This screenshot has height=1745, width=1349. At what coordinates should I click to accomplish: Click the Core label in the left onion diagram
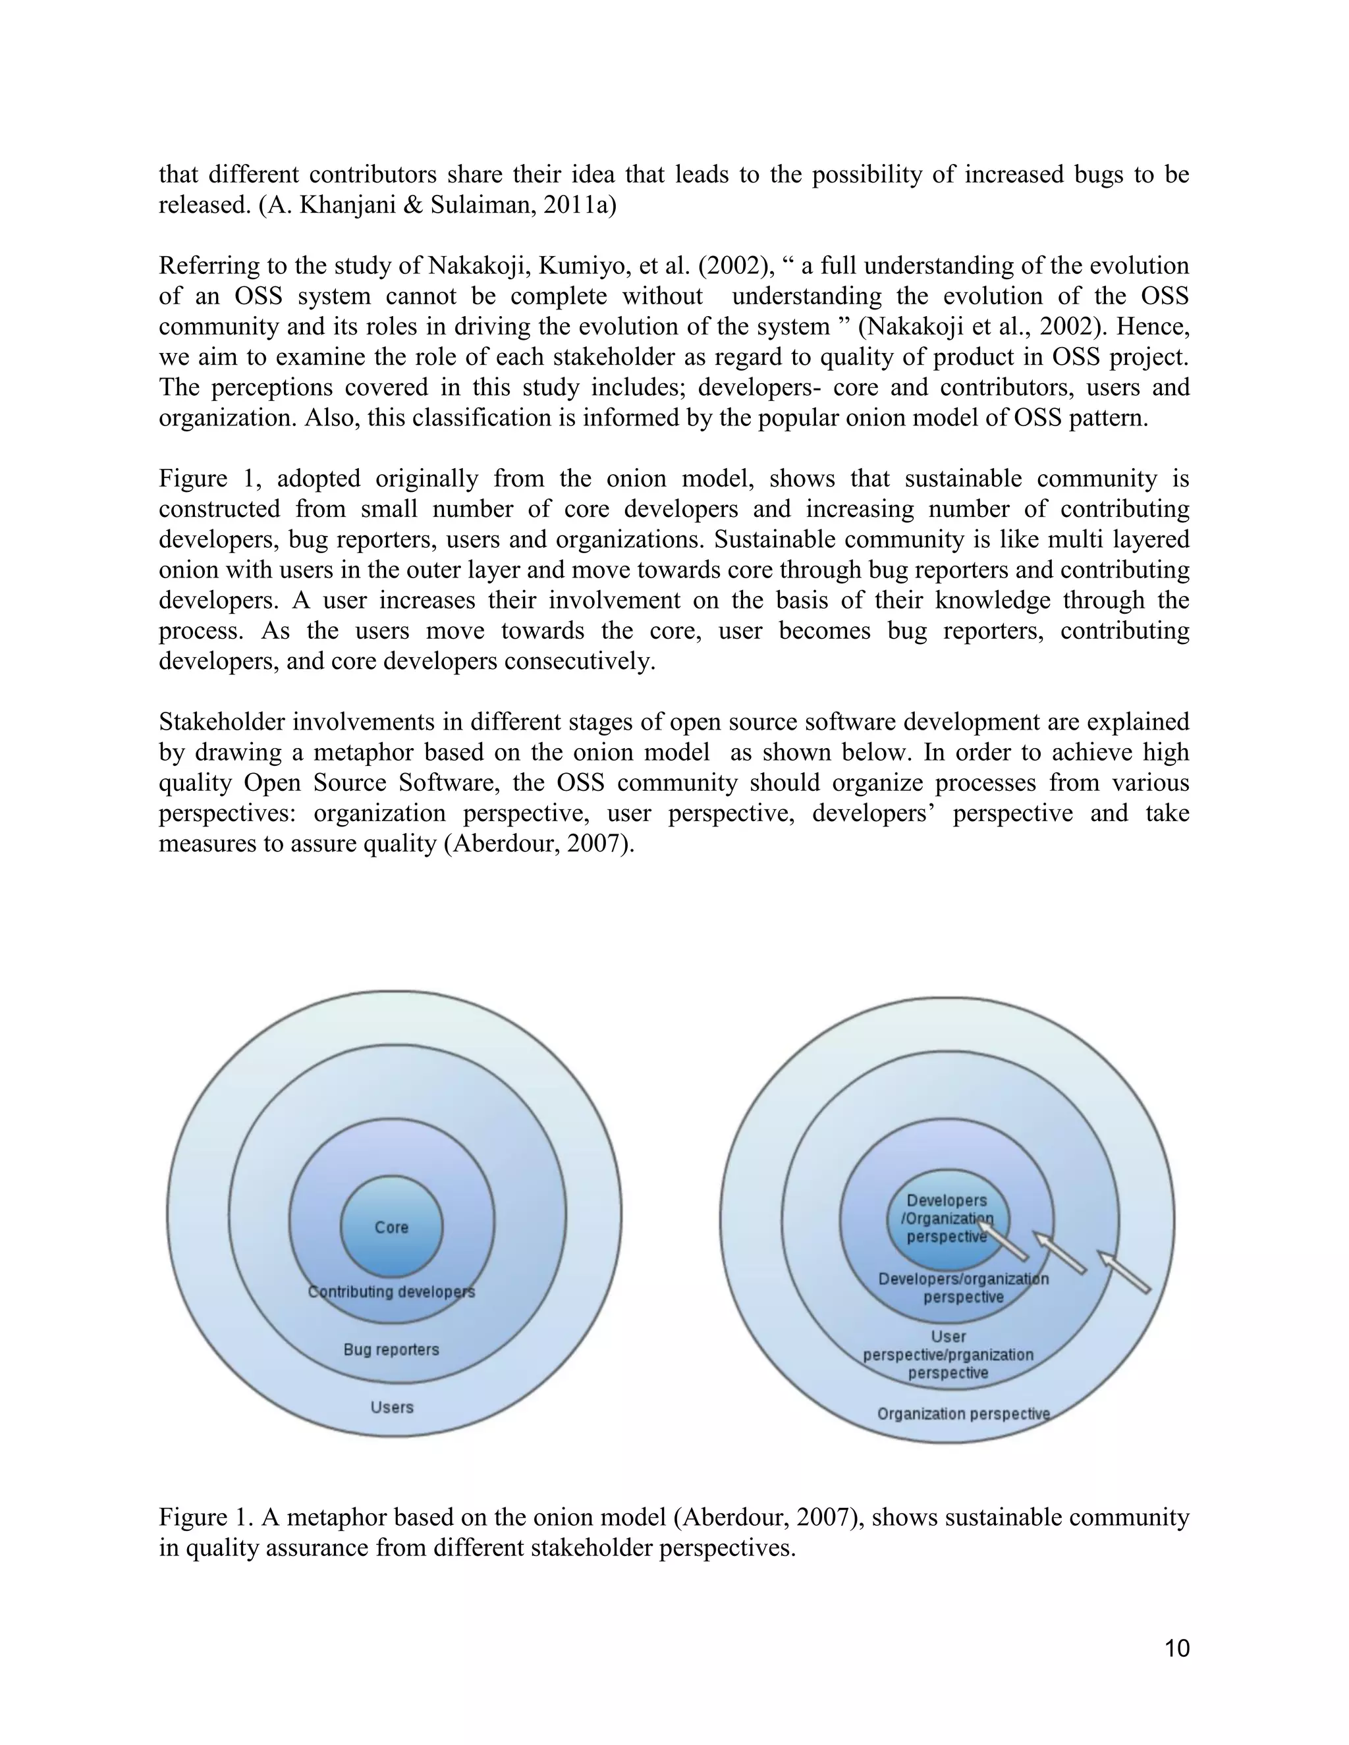click(x=392, y=1227)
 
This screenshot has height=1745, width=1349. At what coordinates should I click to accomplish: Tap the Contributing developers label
click(x=392, y=1292)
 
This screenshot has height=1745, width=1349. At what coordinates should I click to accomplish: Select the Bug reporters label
click(x=392, y=1349)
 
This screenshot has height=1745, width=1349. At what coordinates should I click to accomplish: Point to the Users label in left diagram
click(x=392, y=1407)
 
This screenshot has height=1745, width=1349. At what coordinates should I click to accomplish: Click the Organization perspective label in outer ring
click(x=963, y=1414)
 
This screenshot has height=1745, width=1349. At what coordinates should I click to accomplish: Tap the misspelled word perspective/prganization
click(x=948, y=1355)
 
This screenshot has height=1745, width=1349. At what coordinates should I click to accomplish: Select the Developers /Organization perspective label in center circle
click(x=948, y=1218)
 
